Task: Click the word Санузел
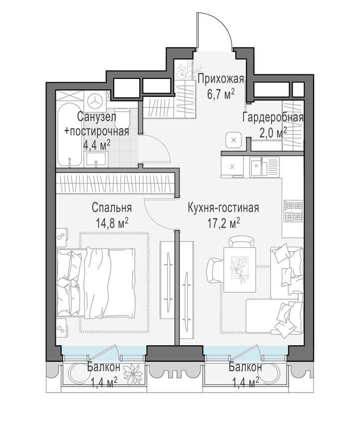click(x=97, y=118)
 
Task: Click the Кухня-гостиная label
click(x=223, y=208)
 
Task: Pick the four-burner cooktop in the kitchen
click(x=293, y=211)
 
